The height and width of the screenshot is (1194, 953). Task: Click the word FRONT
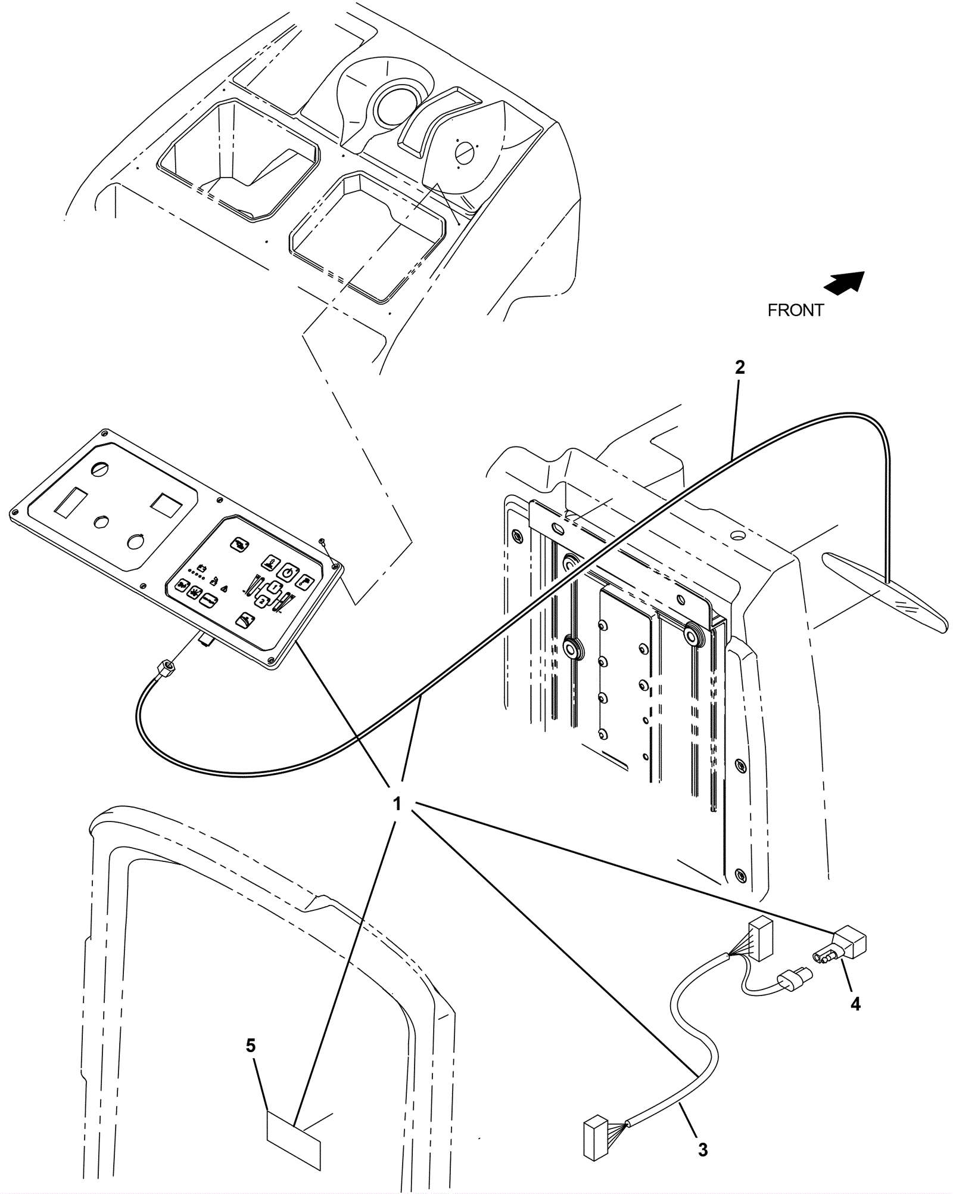click(x=795, y=311)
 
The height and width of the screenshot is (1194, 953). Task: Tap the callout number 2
click(x=739, y=367)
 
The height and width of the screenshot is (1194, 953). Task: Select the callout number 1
click(x=397, y=804)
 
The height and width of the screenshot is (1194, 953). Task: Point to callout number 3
click(x=703, y=1133)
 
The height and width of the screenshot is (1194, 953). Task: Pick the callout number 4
click(x=855, y=1004)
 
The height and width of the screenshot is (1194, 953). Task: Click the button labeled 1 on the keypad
click(x=273, y=587)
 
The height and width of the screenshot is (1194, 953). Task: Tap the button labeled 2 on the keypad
click(x=261, y=601)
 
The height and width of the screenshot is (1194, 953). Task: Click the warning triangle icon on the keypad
click(x=225, y=588)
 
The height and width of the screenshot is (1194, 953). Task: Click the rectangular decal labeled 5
click(x=293, y=1124)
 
